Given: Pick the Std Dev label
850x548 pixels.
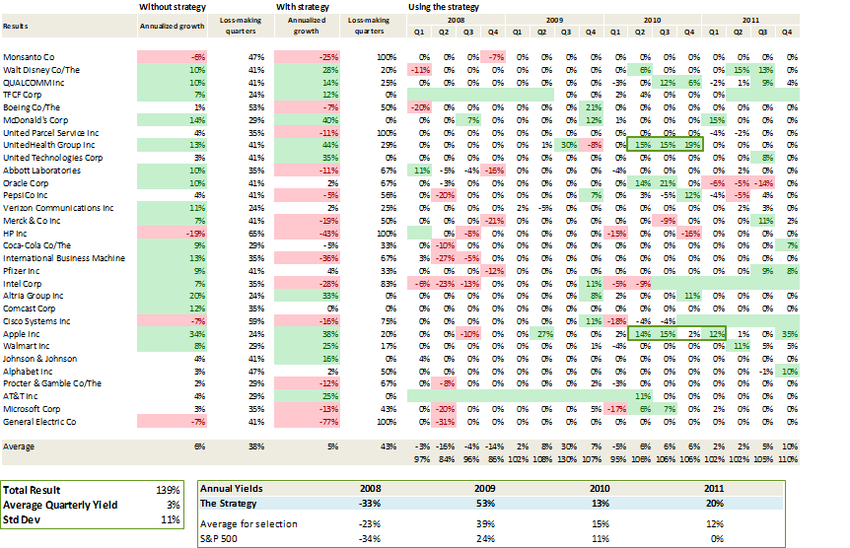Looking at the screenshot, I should pyautogui.click(x=24, y=518).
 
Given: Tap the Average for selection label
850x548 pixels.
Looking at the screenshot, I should pyautogui.click(x=244, y=522).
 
